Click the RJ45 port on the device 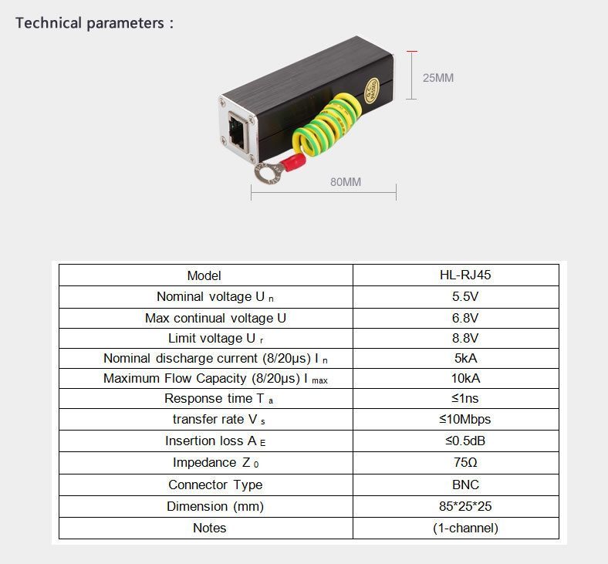click(238, 130)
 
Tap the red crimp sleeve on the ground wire click(292, 162)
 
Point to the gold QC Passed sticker click(371, 90)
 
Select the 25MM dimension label click(438, 78)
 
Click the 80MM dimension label click(346, 182)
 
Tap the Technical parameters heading click(95, 23)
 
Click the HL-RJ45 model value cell click(465, 275)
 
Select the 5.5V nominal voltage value click(465, 296)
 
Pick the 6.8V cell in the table click(465, 318)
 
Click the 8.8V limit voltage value click(465, 338)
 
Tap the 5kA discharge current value click(466, 358)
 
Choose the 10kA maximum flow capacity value click(466, 378)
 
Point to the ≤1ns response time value click(465, 398)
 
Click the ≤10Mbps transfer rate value click(465, 419)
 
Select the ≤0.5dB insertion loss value click(465, 441)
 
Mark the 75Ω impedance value click(465, 462)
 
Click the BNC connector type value click(466, 485)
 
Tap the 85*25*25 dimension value click(465, 506)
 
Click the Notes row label click(209, 528)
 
